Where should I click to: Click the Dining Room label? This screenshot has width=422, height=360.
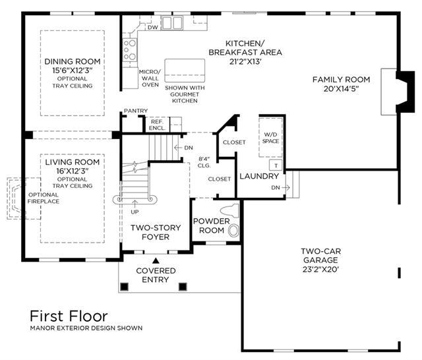pyautogui.click(x=73, y=61)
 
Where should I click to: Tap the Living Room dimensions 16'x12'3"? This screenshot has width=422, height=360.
pyautogui.click(x=73, y=171)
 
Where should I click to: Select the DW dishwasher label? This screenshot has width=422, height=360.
pyautogui.click(x=152, y=28)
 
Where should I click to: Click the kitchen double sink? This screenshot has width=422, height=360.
pyautogui.click(x=172, y=22)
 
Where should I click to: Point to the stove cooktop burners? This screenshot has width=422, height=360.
pyautogui.click(x=130, y=49)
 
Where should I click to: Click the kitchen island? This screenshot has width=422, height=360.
pyautogui.click(x=185, y=71)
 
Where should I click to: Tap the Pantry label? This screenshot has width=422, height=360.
pyautogui.click(x=136, y=111)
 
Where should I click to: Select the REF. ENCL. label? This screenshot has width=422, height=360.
pyautogui.click(x=157, y=125)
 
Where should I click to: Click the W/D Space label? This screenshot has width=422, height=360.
pyautogui.click(x=270, y=138)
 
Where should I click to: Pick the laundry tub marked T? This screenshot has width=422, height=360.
pyautogui.click(x=276, y=165)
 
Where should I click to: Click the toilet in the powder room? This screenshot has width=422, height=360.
pyautogui.click(x=229, y=211)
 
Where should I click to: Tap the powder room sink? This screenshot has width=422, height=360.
pyautogui.click(x=233, y=231)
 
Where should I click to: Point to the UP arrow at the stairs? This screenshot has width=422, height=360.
pyautogui.click(x=135, y=203)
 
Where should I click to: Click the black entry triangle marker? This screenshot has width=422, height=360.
pyautogui.click(x=156, y=260)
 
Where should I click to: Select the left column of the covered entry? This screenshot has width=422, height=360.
pyautogui.click(x=124, y=287)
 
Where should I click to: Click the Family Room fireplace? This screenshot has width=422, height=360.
pyautogui.click(x=398, y=92)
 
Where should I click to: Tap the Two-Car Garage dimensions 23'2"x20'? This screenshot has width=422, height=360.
pyautogui.click(x=320, y=269)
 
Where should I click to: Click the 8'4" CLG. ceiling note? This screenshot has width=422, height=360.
pyautogui.click(x=204, y=162)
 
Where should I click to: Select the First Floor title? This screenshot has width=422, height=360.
pyautogui.click(x=69, y=316)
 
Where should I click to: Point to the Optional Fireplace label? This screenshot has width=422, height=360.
pyautogui.click(x=44, y=198)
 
